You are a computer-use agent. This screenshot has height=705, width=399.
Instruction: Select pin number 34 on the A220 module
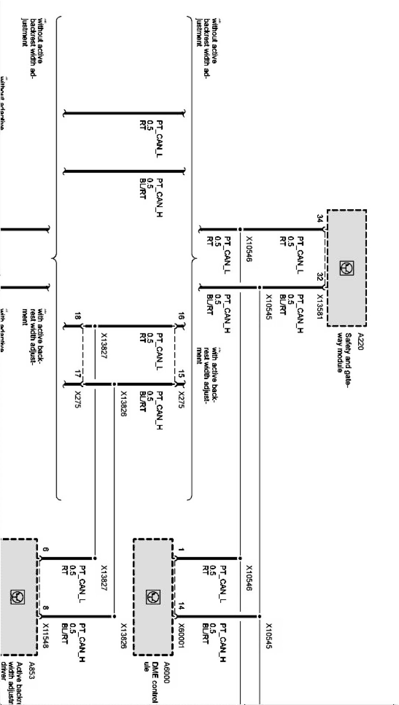(320, 218)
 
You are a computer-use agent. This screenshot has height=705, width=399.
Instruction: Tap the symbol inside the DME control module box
(153, 597)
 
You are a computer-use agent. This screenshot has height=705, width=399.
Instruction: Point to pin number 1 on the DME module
(181, 550)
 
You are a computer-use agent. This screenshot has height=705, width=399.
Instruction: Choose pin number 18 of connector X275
(77, 317)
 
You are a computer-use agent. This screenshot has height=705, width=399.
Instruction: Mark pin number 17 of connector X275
(77, 375)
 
